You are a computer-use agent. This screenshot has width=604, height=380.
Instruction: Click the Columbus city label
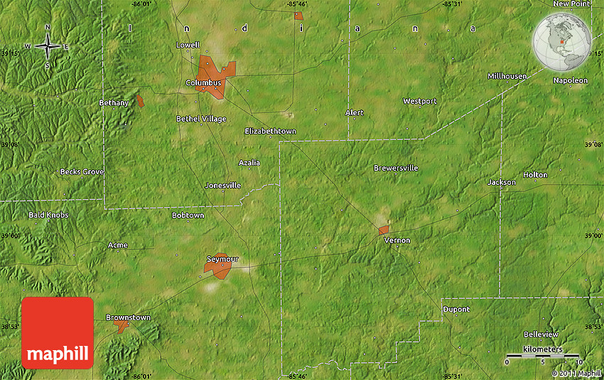203,83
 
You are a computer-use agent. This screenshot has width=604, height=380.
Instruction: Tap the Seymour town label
222,258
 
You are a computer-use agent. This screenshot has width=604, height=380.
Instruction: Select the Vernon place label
397,241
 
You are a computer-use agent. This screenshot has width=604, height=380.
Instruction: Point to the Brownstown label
128,317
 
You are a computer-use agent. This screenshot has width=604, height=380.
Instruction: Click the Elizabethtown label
270,132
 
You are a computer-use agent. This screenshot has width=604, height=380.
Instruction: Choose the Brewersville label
396,168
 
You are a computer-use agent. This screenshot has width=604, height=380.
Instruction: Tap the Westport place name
419,101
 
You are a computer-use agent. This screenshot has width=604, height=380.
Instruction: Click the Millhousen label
507,76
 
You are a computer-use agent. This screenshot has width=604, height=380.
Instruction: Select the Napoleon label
570,80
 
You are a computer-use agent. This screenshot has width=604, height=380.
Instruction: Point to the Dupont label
456,310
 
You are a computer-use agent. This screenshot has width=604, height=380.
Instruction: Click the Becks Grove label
81,172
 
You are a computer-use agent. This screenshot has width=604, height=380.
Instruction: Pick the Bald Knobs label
48,215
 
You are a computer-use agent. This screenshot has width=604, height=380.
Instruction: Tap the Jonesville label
222,185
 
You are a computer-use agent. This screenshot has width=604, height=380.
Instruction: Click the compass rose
48,47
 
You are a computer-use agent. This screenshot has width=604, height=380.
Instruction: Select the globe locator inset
561,43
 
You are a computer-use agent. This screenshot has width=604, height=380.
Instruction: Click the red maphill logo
58,332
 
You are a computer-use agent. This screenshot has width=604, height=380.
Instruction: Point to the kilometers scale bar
542,355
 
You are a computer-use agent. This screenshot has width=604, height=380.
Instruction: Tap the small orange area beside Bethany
140,101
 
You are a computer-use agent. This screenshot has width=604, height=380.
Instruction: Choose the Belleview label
541,334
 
